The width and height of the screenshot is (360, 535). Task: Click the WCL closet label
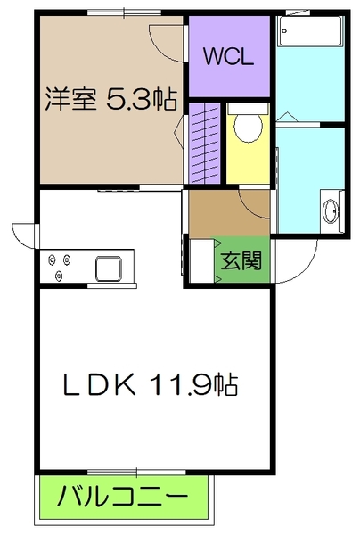point(229,58)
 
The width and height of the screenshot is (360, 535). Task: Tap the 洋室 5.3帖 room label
point(110,98)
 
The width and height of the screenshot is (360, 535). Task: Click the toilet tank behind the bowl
point(248,111)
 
